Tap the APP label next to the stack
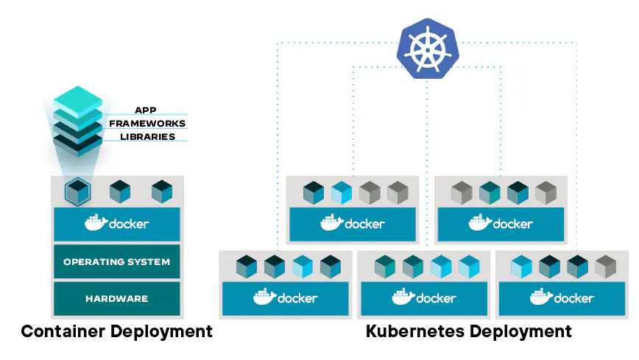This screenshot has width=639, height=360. coord(146,110)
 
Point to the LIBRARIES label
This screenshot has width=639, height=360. coord(147,137)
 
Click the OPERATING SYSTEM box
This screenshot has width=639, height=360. coord(116,261)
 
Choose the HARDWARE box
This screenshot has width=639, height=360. coord(116,299)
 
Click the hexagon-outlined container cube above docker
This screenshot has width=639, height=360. coord(76,192)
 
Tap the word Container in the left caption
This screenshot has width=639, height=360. coord(63,331)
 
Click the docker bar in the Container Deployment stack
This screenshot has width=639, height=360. coord(116,224)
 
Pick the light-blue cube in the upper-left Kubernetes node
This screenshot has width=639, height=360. coord(342,193)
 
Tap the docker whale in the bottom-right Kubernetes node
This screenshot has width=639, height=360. coord(542,297)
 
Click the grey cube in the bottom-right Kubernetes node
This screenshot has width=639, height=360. coord(605,266)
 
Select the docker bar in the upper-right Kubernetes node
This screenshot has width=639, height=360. coord(501,224)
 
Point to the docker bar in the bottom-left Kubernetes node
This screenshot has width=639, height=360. coord(286,297)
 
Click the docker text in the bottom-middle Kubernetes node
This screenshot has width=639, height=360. coord(436,298)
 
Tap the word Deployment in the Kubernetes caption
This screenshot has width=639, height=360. coord(520,331)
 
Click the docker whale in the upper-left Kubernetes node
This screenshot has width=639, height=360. coord(331,223)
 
